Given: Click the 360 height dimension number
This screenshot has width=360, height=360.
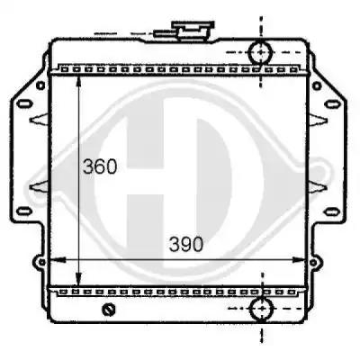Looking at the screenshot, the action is click(x=100, y=166).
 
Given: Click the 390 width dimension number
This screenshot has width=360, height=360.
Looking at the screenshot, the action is click(x=186, y=244).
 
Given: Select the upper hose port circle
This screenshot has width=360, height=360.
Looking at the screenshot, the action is click(x=261, y=52).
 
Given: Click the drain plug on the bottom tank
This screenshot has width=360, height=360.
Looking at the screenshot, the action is click(x=109, y=310).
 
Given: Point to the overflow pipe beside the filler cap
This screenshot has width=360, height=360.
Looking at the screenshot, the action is click(x=165, y=33).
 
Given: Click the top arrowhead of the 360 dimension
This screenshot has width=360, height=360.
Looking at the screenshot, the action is click(x=79, y=81).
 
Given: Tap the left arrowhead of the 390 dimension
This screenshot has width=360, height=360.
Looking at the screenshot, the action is click(x=58, y=260).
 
